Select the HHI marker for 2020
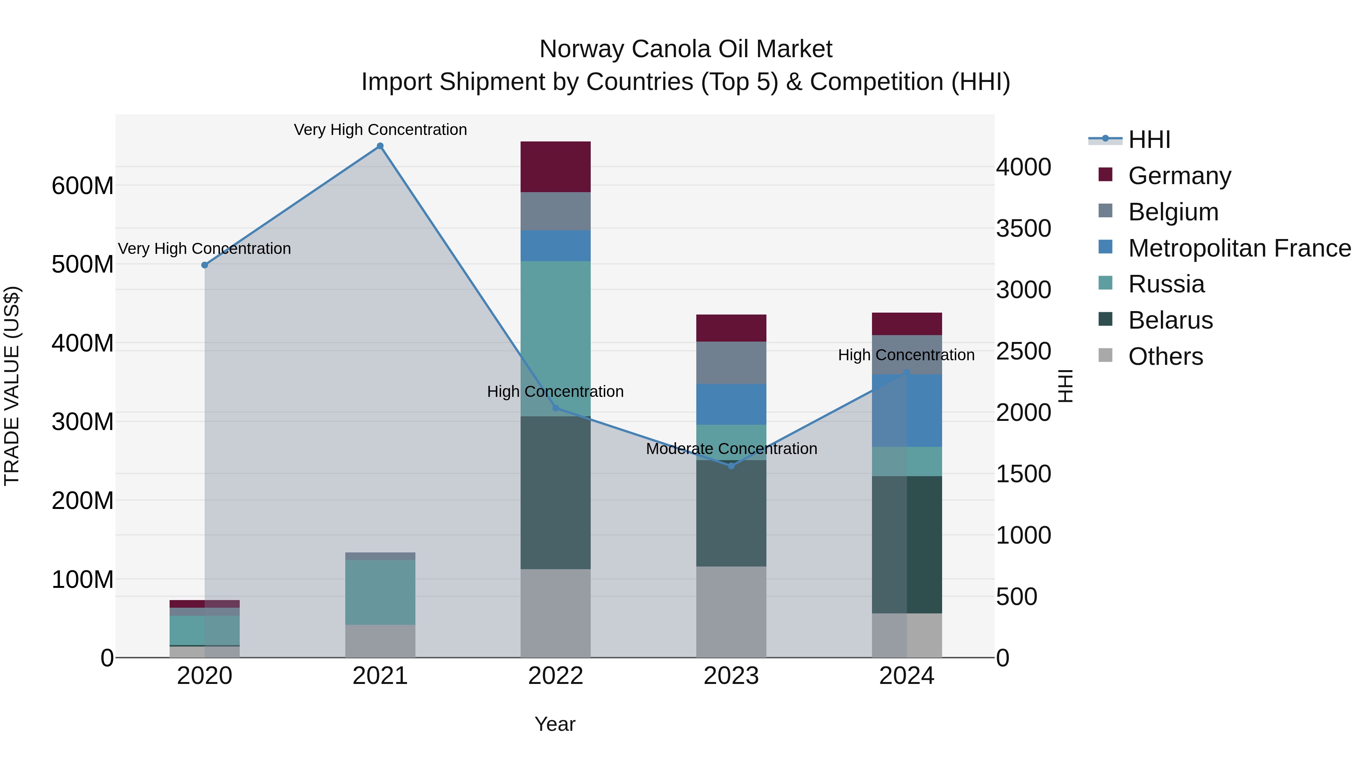pyautogui.click(x=205, y=265)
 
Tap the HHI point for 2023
pyautogui.click(x=731, y=465)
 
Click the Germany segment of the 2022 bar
pyautogui.click(x=556, y=166)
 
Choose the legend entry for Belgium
pyautogui.click(x=1173, y=212)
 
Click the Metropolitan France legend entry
pyautogui.click(x=1239, y=248)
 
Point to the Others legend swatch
pyautogui.click(x=1105, y=355)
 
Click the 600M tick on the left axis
pyautogui.click(x=83, y=186)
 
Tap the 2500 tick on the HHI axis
pyautogui.click(x=1023, y=351)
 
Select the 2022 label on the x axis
pyautogui.click(x=556, y=676)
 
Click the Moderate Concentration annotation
pyautogui.click(x=731, y=449)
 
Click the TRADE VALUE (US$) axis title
pyautogui.click(x=12, y=386)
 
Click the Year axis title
pyautogui.click(x=555, y=724)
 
